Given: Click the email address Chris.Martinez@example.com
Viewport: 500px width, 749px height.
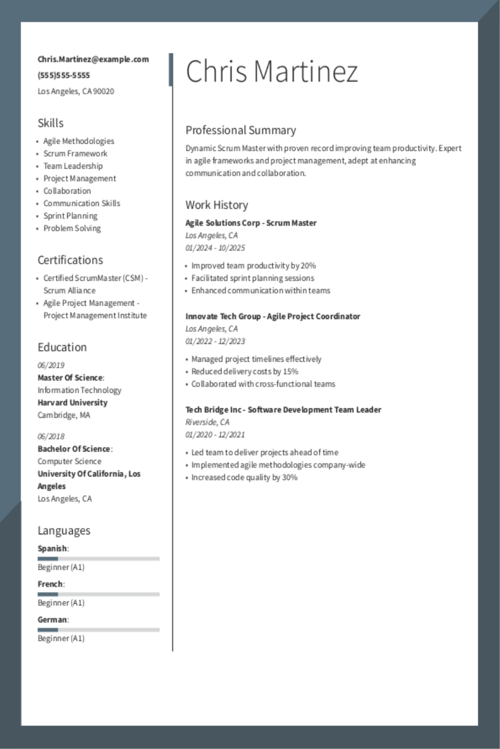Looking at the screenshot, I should [93, 59].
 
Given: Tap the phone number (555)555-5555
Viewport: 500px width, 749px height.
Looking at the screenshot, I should [63, 75].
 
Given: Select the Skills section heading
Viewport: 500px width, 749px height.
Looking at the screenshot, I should [51, 123].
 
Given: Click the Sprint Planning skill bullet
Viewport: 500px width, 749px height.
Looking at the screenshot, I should [70, 216].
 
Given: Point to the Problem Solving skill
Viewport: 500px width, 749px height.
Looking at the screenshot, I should [72, 229].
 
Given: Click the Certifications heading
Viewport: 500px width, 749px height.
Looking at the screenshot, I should [70, 260].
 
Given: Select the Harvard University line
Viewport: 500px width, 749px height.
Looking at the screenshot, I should [72, 403].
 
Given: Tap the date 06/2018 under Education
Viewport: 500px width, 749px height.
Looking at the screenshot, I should [51, 436].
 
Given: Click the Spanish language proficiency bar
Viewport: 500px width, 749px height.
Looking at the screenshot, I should [98, 559].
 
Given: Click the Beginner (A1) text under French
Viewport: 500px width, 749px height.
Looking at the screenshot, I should [61, 603].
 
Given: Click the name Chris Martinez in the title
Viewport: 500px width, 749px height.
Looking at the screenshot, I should [272, 72].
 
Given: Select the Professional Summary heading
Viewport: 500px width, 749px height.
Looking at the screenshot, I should [241, 130].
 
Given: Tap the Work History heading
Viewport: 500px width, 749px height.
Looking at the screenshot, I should [217, 205].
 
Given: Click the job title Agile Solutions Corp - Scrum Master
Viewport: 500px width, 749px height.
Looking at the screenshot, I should [251, 223].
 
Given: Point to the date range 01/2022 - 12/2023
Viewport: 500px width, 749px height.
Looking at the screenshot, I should [215, 341].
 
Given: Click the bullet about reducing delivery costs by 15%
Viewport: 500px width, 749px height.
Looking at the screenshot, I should [244, 372].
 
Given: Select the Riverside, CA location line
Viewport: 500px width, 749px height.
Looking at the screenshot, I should [207, 422].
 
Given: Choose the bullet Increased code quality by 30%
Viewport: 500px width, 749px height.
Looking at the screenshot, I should [244, 478].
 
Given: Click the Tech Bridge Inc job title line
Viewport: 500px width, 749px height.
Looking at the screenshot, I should [283, 410].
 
